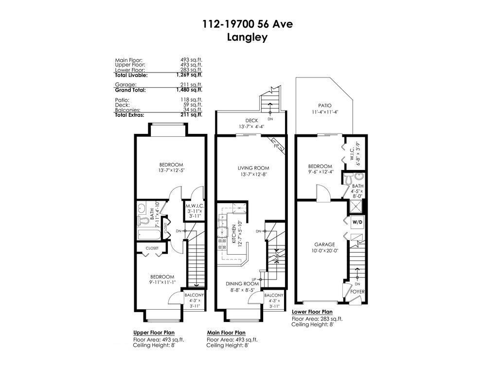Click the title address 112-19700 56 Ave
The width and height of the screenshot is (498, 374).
tap(248, 24)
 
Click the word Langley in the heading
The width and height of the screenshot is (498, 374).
tap(248, 37)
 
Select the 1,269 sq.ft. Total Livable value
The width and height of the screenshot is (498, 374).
tap(189, 75)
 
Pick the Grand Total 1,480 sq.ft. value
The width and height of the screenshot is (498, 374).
tap(189, 90)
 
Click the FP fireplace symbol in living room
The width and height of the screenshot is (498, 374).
tap(276, 145)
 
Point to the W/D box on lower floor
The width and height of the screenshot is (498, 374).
tap(357, 222)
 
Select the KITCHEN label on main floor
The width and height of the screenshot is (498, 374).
tap(234, 234)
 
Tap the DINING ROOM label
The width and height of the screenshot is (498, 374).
tap(242, 283)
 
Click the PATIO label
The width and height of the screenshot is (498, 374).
tap(324, 105)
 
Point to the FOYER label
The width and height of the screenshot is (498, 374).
tap(357, 292)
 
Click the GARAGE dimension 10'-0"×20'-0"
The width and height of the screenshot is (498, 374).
tap(324, 250)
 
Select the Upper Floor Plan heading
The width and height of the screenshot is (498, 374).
tap(154, 333)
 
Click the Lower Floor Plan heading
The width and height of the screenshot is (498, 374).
tap(312, 312)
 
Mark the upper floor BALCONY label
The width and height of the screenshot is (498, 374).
tap(194, 295)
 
